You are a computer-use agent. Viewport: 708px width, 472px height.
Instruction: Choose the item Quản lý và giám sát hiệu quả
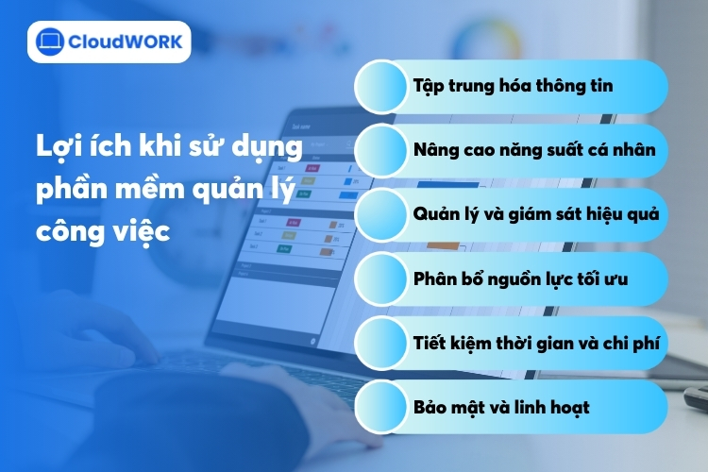click(x=535, y=213)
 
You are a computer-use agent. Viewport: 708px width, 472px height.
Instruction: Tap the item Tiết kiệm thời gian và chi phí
click(x=533, y=344)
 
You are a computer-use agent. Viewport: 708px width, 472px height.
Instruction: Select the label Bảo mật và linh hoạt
click(x=501, y=407)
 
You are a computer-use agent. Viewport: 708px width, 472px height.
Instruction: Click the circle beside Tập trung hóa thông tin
click(x=381, y=86)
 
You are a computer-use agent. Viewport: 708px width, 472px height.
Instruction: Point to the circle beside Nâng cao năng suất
click(x=381, y=149)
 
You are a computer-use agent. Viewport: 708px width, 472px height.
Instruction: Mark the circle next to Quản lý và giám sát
click(x=381, y=213)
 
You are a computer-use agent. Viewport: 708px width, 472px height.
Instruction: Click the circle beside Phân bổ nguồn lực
click(x=381, y=279)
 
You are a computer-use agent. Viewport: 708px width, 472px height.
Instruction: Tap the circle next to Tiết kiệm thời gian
click(x=381, y=344)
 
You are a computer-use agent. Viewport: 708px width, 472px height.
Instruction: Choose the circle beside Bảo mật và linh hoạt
click(x=381, y=407)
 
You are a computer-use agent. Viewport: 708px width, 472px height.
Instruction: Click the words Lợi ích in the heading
click(x=71, y=149)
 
